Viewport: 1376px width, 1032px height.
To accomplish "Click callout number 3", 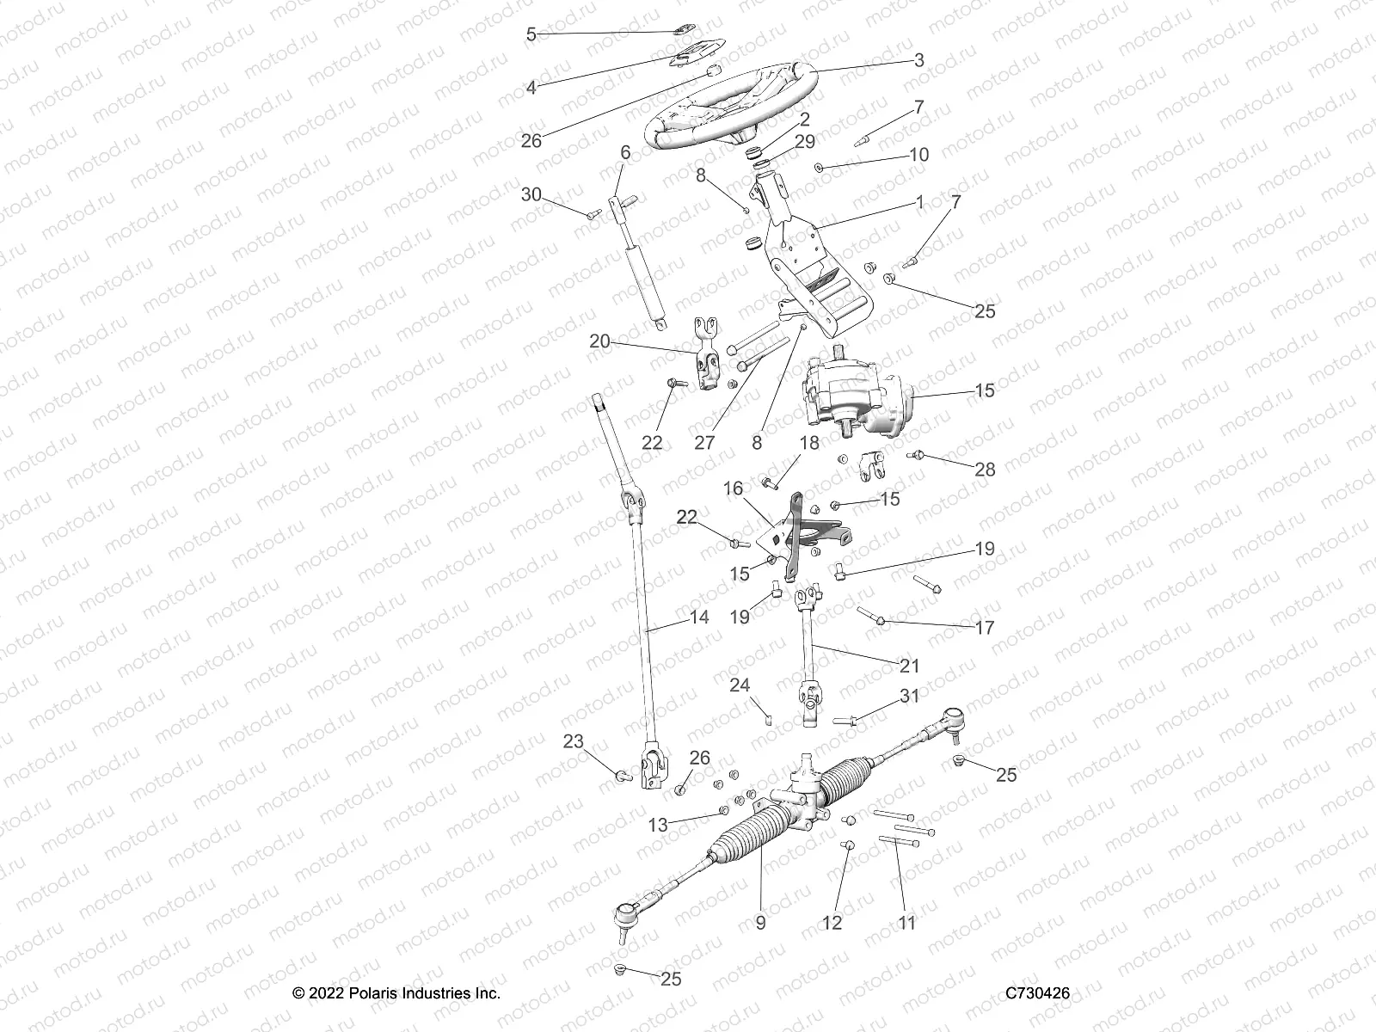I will pos(918,60).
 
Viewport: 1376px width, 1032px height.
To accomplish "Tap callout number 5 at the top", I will pos(531,34).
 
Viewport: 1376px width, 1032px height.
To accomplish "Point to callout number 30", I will pos(531,195).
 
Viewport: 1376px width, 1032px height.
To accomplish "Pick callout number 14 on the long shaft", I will pos(699,617).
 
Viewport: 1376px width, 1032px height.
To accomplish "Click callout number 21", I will pos(909,666).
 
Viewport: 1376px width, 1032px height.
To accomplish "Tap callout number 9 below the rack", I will pos(760,923).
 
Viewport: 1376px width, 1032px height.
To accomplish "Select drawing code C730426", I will pos(1038,992).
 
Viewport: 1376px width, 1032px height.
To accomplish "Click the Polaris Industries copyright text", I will pos(396,992).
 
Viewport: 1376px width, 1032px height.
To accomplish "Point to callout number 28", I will pos(985,469).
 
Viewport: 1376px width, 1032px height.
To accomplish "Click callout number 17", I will pos(984,628).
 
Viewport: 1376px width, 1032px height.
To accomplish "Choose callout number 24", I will pos(740,685).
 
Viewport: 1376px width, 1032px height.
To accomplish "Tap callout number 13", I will pos(657,826).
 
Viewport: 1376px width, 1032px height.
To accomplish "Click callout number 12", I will pos(832,923).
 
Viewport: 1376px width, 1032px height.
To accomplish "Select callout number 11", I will pos(906,923).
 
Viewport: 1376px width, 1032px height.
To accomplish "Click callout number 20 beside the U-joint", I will pos(599,341).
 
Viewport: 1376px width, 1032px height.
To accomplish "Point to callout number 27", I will pos(704,443).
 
